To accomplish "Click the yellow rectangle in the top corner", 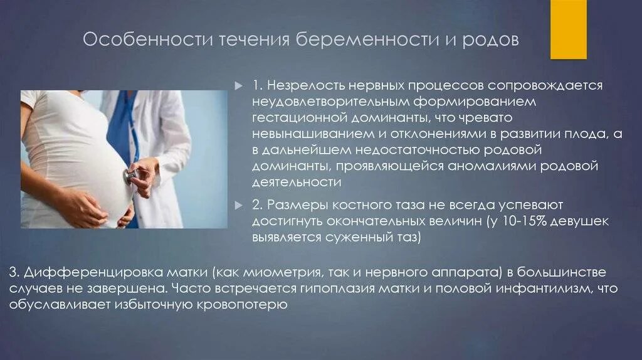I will [568, 29].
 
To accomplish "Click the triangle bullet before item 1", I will [238, 85].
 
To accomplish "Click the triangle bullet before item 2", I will [238, 205].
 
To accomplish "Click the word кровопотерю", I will [251, 305].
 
